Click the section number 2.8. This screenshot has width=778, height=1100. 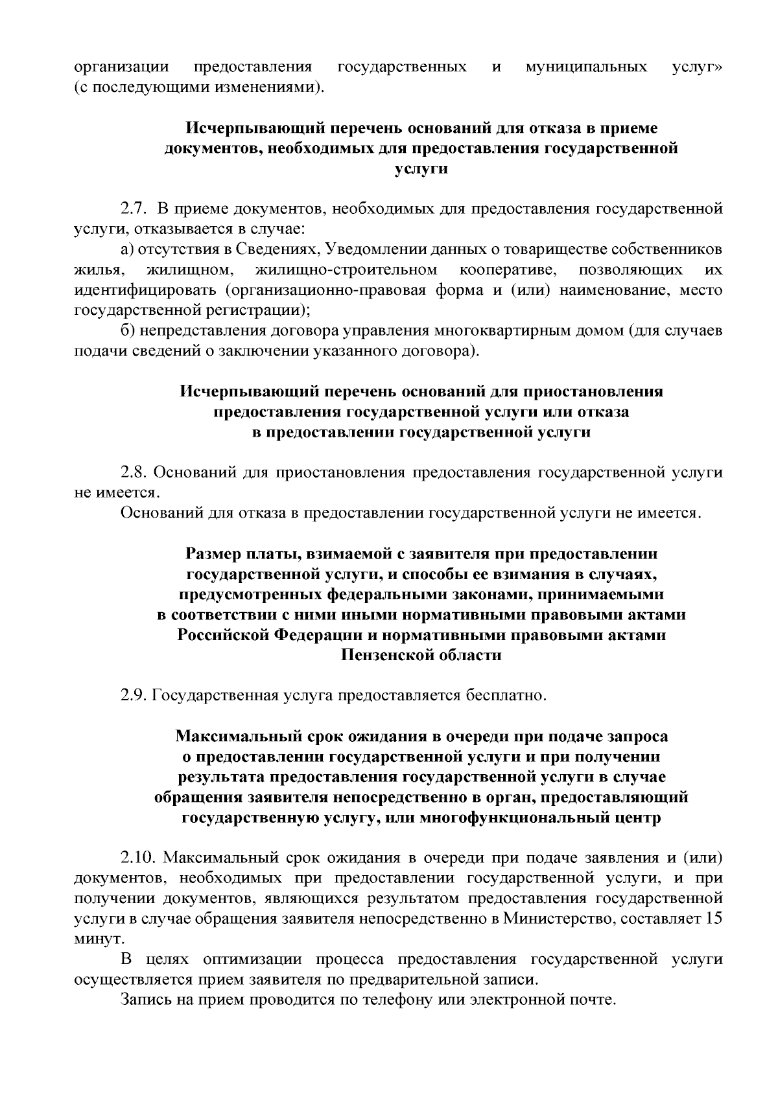(x=135, y=472)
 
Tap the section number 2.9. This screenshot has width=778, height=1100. (x=135, y=696)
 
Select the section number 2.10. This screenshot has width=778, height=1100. (x=139, y=858)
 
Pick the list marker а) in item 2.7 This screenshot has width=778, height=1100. (x=127, y=249)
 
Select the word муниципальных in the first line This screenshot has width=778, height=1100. (x=587, y=67)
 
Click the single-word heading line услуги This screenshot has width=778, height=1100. (x=421, y=169)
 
